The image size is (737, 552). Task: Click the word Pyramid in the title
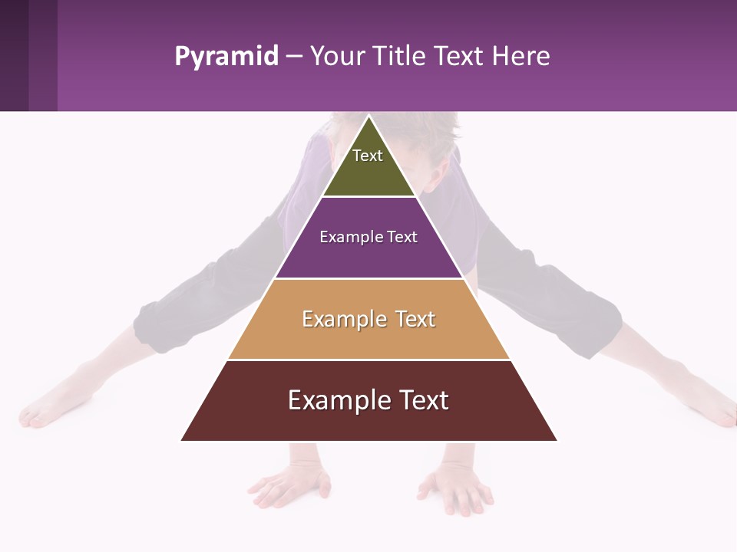pos(226,57)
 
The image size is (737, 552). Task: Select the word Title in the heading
pos(400,56)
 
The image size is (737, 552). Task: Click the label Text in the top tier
pos(368,156)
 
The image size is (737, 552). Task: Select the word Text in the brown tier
pos(421,400)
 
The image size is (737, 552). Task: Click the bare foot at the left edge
pos(46,410)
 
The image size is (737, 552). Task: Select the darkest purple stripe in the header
pos(14,55)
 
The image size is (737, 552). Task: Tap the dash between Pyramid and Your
pos(294,57)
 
